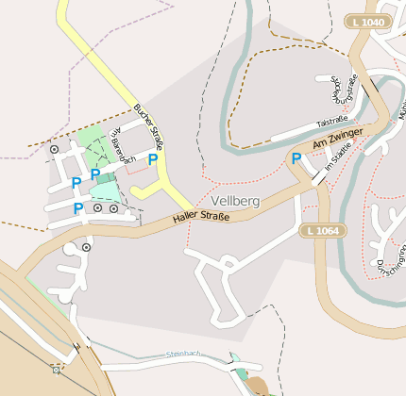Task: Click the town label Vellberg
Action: click(x=235, y=202)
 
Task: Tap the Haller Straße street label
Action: click(x=201, y=219)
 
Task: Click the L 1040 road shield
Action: click(x=366, y=22)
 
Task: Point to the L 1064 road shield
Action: click(x=321, y=230)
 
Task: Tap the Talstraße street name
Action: click(x=332, y=122)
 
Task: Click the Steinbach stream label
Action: click(x=183, y=354)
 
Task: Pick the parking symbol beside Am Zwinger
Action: click(x=296, y=158)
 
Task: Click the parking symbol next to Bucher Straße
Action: click(x=152, y=160)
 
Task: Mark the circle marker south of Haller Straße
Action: click(x=86, y=246)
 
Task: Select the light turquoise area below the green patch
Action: click(x=106, y=190)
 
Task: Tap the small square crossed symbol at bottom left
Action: click(x=57, y=369)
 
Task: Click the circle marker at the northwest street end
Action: click(x=54, y=148)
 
